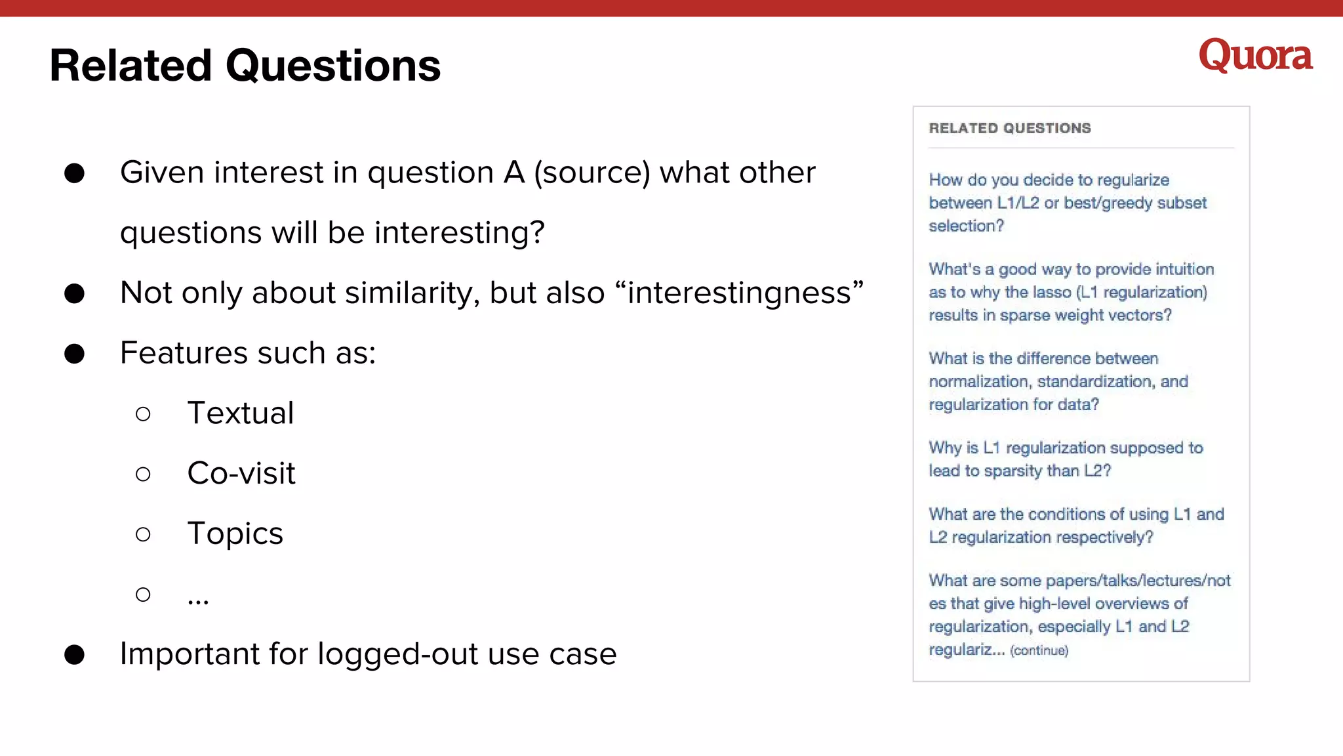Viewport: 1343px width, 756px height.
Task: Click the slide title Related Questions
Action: click(245, 66)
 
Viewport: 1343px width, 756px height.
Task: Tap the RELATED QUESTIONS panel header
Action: click(1010, 128)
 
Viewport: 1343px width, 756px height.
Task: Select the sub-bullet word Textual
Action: click(240, 413)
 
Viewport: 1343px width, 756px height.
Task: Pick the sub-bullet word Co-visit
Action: click(241, 474)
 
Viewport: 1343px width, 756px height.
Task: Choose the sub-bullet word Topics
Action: click(235, 534)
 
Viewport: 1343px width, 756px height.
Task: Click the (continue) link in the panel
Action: click(1039, 650)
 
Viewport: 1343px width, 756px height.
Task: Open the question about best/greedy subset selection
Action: click(1067, 203)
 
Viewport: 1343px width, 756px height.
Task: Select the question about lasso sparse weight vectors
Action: click(1070, 292)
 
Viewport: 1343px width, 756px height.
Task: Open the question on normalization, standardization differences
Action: click(1058, 381)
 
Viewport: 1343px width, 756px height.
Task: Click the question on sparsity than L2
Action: click(1065, 459)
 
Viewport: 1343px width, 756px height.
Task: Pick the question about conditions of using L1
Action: click(1075, 526)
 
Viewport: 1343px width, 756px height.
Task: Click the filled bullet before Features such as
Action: click(75, 354)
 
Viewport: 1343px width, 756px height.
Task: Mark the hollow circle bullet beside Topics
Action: click(143, 534)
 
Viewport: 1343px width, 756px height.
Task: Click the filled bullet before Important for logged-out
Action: click(75, 655)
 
